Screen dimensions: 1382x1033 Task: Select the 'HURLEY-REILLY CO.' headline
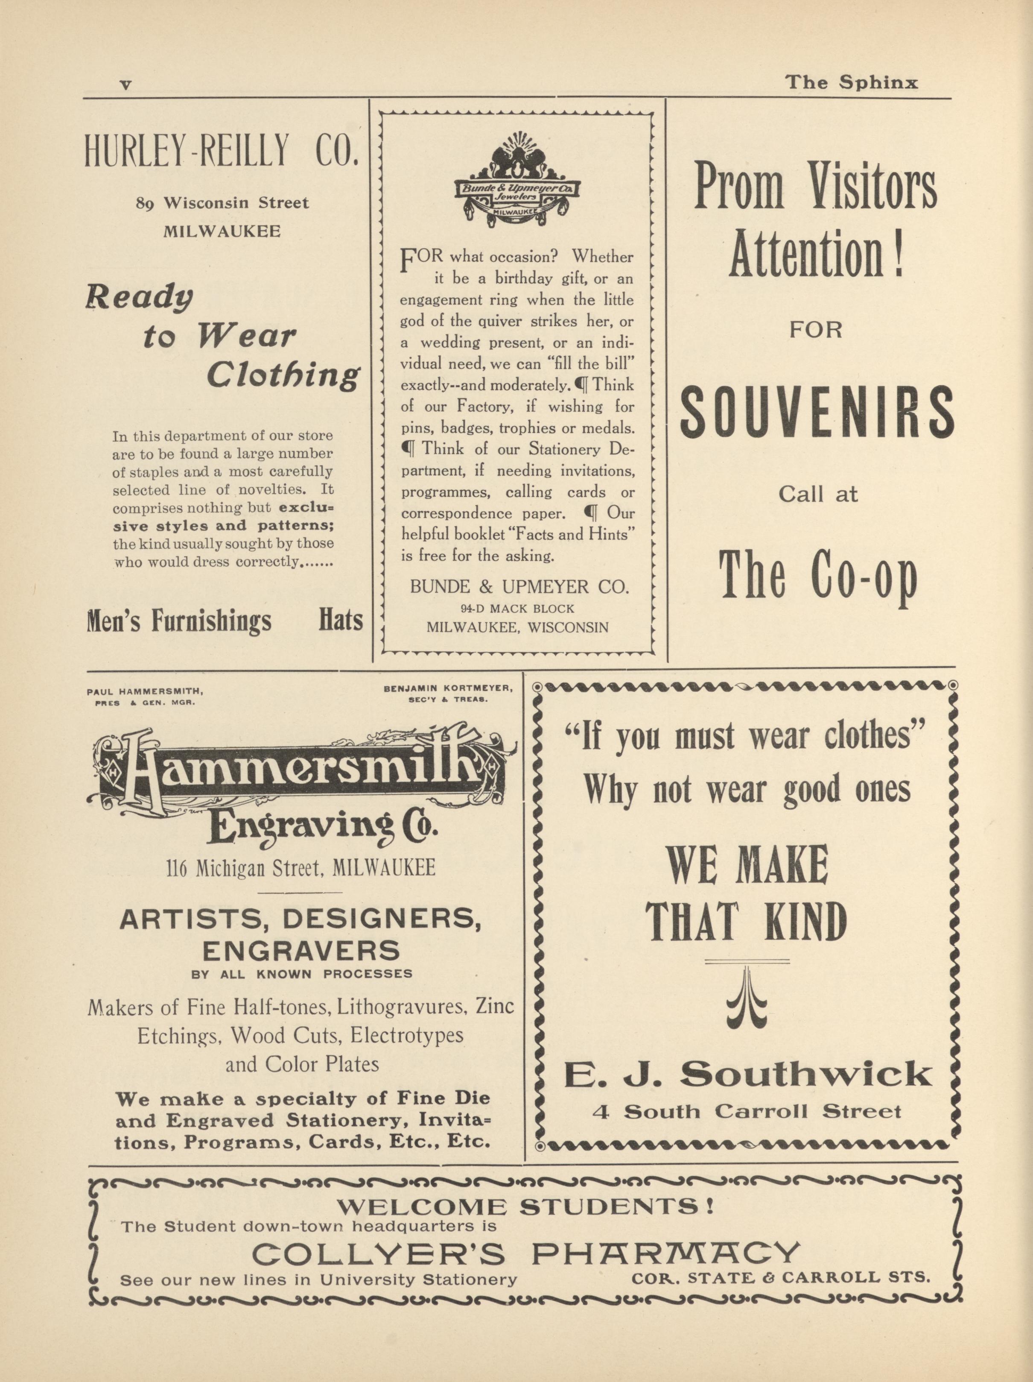point(222,151)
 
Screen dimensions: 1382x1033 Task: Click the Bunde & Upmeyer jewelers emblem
point(518,181)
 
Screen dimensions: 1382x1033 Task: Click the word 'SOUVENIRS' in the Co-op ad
point(817,413)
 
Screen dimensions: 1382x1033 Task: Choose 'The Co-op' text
point(818,576)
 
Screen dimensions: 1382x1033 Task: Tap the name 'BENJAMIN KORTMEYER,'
point(448,688)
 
